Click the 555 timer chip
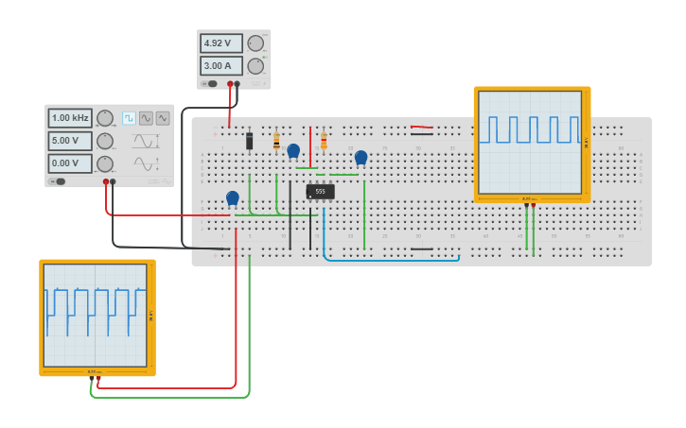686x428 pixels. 320,192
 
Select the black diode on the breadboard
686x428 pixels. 249,141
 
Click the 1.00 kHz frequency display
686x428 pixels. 70,118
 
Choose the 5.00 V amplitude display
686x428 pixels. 70,141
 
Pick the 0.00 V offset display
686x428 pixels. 70,163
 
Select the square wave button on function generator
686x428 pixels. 129,118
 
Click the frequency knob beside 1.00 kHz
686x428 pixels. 105,118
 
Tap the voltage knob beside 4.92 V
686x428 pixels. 255,43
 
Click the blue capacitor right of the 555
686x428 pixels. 361,157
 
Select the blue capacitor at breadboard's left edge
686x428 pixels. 233,197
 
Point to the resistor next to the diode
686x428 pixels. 276,142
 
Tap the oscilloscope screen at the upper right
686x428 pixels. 530,142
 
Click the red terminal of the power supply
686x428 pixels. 228,84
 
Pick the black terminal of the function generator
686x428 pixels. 113,181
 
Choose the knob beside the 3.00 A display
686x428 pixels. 255,66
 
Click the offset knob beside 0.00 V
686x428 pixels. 105,163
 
